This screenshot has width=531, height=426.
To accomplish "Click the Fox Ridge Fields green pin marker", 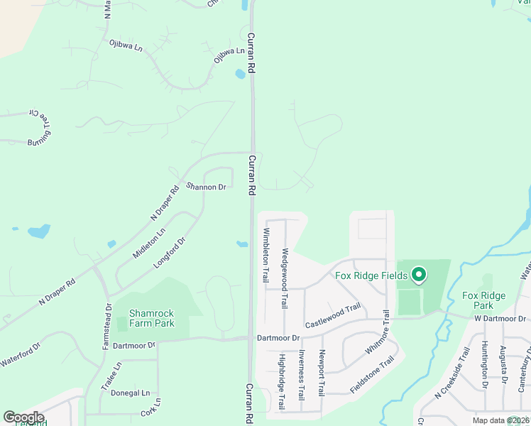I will pos(418,274).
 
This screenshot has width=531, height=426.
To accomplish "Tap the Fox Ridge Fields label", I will pos(371,275).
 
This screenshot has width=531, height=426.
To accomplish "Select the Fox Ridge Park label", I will pos(483,300).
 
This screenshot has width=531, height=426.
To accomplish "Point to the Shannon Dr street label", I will pos(206,187).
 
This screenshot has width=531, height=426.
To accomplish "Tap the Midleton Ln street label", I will pos(149,243).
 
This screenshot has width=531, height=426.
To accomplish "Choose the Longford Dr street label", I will pos(170,252).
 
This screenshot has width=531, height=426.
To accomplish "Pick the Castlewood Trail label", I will pos(333,317).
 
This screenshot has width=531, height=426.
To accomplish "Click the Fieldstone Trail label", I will pos(371,376).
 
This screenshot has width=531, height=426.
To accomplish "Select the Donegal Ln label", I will pos(136,393).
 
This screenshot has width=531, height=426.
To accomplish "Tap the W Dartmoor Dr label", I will pos(502,319).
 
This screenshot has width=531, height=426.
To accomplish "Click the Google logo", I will pos(23,417).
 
